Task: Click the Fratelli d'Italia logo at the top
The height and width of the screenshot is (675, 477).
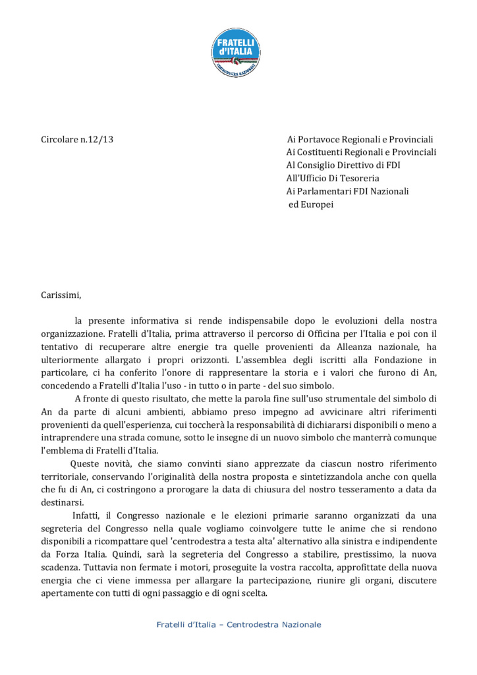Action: coord(238,49)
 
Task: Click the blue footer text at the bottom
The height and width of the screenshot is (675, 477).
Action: coord(238,624)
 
